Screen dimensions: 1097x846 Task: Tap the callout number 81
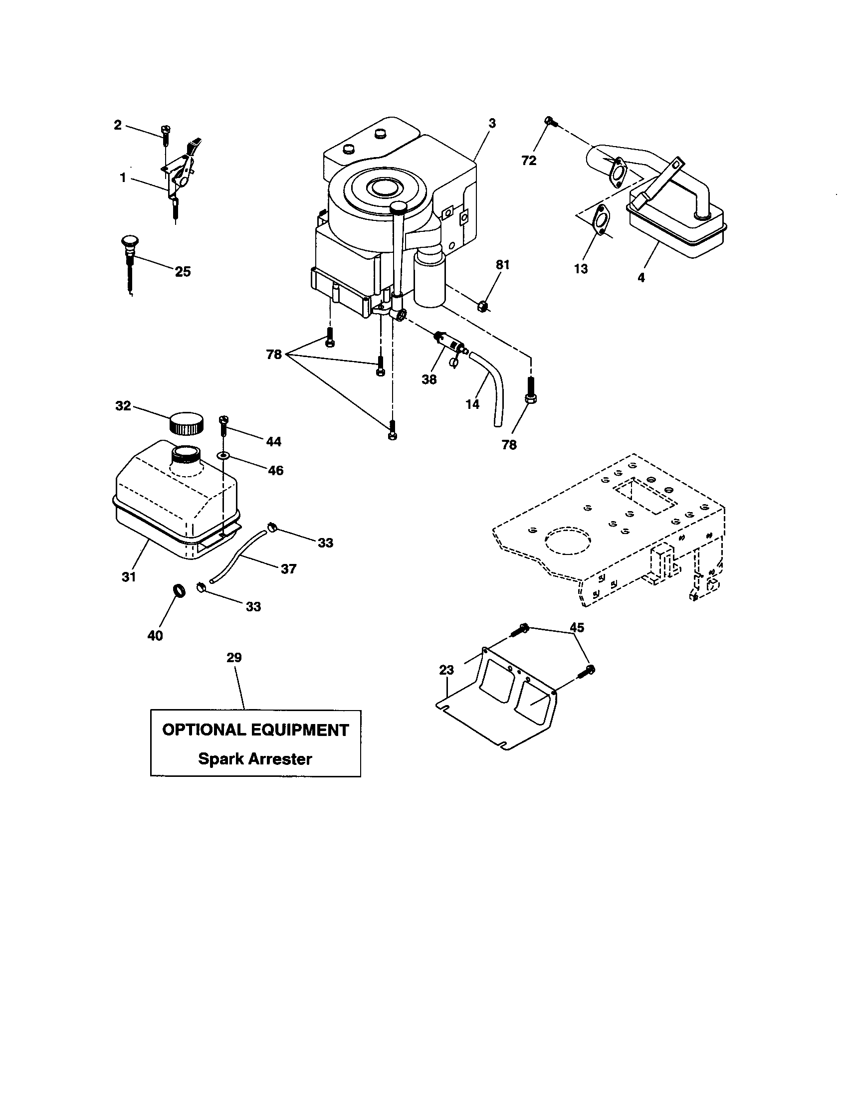click(503, 265)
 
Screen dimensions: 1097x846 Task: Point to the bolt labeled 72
click(550, 121)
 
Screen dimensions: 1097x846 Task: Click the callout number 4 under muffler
click(641, 277)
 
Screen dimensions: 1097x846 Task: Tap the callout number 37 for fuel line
click(288, 568)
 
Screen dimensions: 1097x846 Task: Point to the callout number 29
click(234, 658)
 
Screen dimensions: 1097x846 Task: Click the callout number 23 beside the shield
click(446, 670)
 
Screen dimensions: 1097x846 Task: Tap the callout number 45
click(577, 627)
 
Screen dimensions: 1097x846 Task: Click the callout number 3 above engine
click(492, 123)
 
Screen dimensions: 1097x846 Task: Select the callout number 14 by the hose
click(472, 404)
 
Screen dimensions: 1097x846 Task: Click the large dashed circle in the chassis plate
click(566, 541)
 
